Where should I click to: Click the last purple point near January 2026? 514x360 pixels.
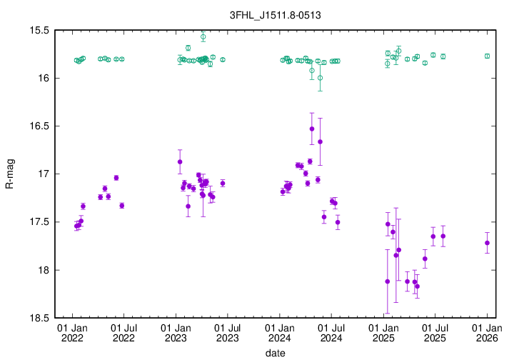click(487, 243)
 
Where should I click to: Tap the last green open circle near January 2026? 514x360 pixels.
click(487, 56)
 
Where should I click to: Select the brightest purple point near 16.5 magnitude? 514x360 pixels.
click(312, 129)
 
